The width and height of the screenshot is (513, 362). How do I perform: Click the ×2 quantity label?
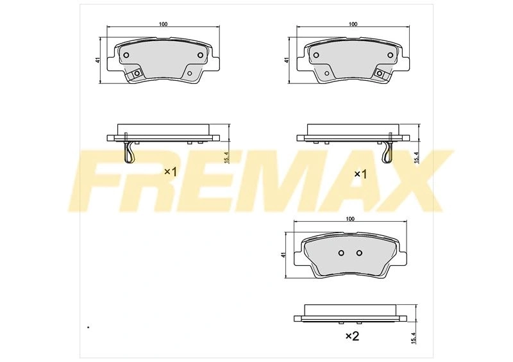[352, 336]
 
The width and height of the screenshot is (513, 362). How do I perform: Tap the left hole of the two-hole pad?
[341, 253]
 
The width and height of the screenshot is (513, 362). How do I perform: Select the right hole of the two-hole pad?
[359, 253]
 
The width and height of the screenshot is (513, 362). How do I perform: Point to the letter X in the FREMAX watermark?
[409, 181]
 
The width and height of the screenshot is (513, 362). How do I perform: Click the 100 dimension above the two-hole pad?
[350, 219]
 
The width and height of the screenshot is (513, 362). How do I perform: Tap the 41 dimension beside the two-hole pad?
[283, 255]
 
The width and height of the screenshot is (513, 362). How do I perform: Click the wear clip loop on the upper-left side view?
[130, 153]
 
